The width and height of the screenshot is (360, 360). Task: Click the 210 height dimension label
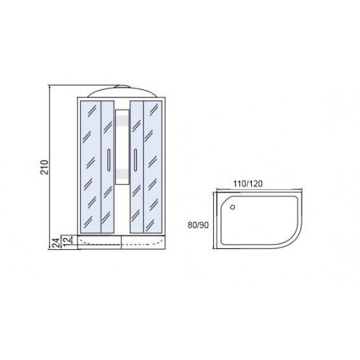point(45,167)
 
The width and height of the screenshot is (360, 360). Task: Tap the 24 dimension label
point(55,243)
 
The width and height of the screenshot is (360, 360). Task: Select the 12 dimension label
point(68,240)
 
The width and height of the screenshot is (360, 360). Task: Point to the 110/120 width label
point(248,184)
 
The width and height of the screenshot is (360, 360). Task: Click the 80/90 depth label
point(198,225)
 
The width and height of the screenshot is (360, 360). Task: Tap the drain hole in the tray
point(233,207)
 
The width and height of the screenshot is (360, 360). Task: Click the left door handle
point(109,160)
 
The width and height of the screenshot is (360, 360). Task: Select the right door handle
point(135,160)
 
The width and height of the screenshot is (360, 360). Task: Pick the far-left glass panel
point(91,167)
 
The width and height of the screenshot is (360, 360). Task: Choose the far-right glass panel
point(153,167)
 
